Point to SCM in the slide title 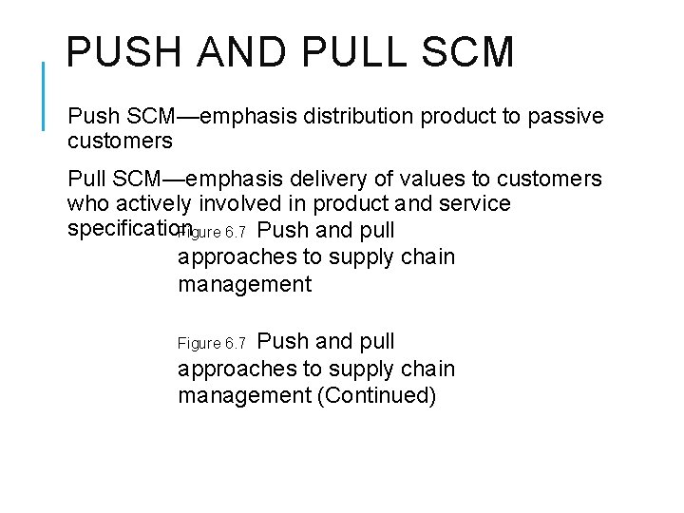pyautogui.click(x=472, y=53)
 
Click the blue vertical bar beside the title pyautogui.click(x=45, y=95)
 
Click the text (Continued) pyautogui.click(x=377, y=395)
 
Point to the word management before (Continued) pyautogui.click(x=244, y=395)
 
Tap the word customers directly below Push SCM pyautogui.click(x=120, y=142)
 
